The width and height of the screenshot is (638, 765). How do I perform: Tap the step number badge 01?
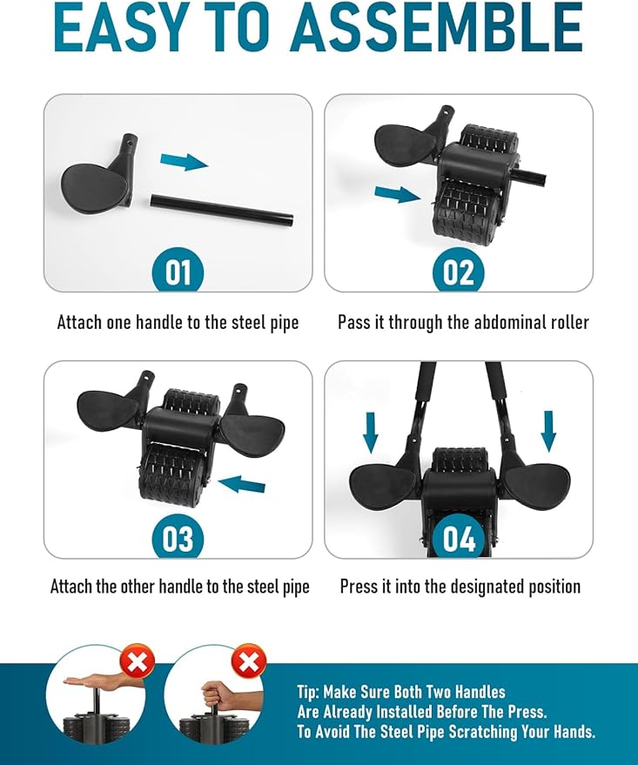tap(178, 272)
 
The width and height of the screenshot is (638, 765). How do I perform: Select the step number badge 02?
tap(459, 272)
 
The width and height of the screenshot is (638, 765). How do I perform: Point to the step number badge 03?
tap(178, 539)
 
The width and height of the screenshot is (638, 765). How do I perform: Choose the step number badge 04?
tap(459, 539)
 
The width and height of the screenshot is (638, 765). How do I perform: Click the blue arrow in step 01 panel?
tap(185, 161)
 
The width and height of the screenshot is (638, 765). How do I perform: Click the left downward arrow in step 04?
tap(371, 431)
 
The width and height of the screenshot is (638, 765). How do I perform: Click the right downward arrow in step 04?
tap(548, 431)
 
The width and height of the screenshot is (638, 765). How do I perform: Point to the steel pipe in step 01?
tap(221, 210)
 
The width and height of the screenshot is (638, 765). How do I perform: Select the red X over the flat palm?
tap(138, 662)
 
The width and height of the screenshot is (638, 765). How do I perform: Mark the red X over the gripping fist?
tap(249, 662)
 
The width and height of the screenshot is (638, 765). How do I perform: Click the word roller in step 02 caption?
tap(566, 323)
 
